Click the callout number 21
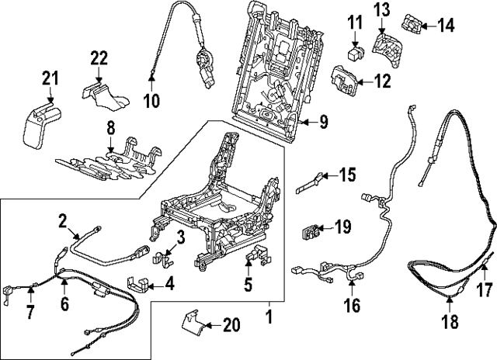50,78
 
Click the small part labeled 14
413,25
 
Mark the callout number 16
353,306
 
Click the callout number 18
450,322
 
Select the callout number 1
269,317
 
